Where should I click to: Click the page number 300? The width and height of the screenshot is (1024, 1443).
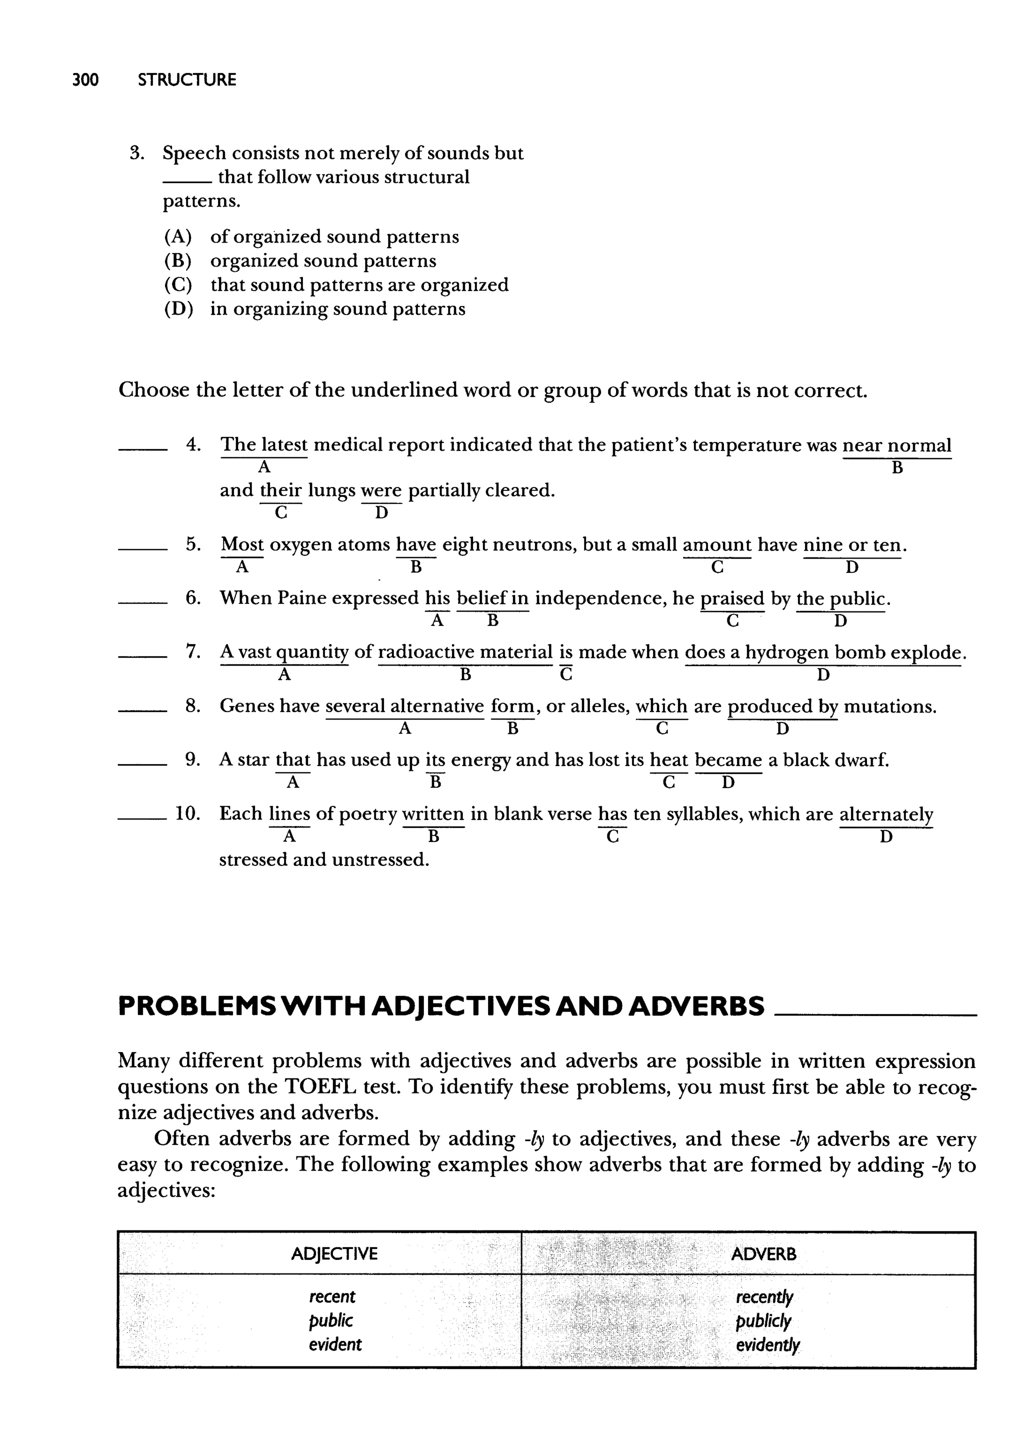coord(86,80)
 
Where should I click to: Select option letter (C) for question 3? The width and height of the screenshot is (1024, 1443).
coord(178,285)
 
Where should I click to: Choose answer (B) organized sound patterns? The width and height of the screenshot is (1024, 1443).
coord(323,261)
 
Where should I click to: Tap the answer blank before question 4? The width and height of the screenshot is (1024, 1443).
coord(142,449)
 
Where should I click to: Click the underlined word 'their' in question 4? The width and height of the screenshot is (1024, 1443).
coord(280,490)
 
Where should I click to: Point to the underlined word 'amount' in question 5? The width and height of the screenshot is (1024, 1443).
coord(717,544)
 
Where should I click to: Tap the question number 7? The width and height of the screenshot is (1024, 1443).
coord(193,652)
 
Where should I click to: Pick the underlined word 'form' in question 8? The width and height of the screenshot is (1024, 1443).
coord(512,706)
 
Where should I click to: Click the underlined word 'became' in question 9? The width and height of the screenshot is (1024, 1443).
coord(728,760)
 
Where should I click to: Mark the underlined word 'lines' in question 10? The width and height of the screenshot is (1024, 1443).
coord(289,814)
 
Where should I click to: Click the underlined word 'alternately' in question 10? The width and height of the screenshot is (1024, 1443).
coord(886,814)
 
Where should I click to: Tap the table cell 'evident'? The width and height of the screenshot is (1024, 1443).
coord(335,1344)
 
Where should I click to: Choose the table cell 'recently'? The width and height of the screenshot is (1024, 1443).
coord(763,1297)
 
